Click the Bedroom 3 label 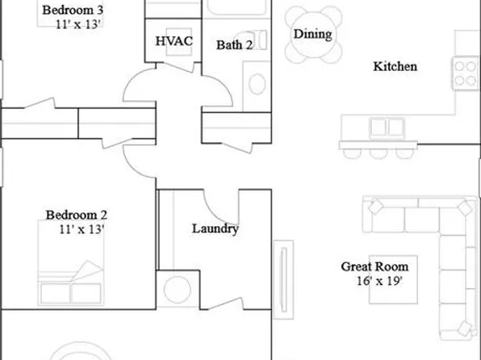pos(72,10)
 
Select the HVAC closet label pos(173,41)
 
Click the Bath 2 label pos(235,44)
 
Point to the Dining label pos(312,35)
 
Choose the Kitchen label pos(395,66)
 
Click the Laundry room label pos(215,228)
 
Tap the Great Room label pos(374,266)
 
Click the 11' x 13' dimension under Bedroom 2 pos(81,229)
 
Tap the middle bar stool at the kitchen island pos(379,151)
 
